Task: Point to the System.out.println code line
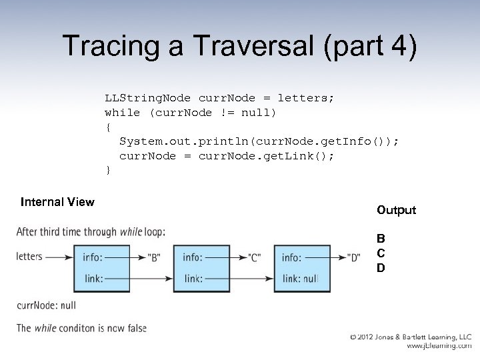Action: (259, 141)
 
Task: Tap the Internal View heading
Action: (57, 201)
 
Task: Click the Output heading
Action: (396, 210)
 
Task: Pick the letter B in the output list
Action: (381, 239)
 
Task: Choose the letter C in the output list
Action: (381, 253)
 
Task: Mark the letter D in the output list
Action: (381, 268)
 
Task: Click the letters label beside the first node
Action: (29, 257)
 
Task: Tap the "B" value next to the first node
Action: (154, 258)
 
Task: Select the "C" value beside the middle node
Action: (253, 258)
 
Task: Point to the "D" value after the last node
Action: (354, 258)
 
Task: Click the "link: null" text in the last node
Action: (299, 279)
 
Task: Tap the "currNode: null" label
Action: (46, 305)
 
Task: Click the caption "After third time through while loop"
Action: (91, 232)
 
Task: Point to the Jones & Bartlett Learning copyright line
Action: (411, 338)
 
